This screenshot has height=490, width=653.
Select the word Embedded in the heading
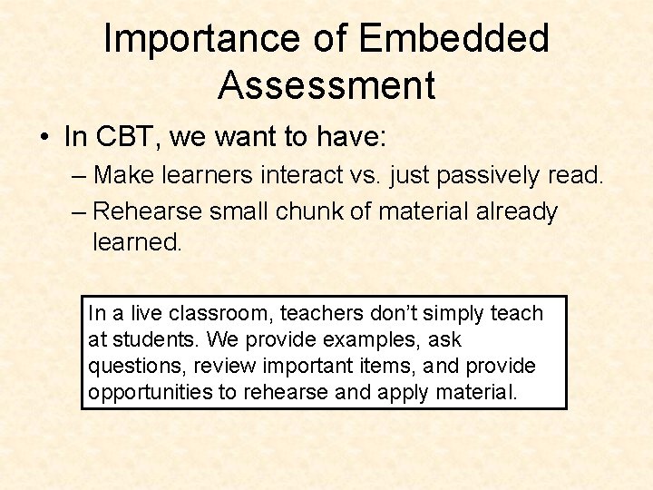point(454,39)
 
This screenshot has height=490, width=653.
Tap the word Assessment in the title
point(326,85)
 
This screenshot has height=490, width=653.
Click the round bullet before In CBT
point(44,138)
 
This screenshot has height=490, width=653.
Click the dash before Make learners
point(79,174)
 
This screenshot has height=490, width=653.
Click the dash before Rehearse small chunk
point(79,211)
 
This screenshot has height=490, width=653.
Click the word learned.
point(136,242)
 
